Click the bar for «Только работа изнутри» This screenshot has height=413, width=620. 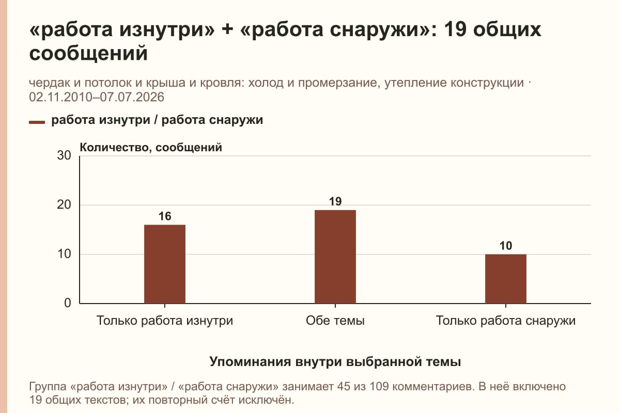click(x=165, y=264)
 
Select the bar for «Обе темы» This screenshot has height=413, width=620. click(x=335, y=257)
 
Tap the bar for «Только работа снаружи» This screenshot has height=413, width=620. click(x=506, y=279)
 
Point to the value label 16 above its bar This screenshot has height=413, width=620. click(x=165, y=216)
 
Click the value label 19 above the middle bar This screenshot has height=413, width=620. click(x=335, y=201)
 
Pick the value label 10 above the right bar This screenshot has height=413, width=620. click(x=506, y=246)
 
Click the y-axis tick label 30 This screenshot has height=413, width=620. click(x=64, y=155)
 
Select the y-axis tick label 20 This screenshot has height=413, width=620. click(x=64, y=205)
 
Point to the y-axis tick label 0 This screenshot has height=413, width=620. click(x=68, y=303)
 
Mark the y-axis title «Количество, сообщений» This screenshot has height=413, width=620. click(x=151, y=148)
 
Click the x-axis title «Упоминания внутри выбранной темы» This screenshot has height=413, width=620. click(x=335, y=361)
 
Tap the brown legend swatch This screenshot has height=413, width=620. click(x=37, y=122)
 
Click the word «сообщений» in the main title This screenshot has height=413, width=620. click(x=88, y=53)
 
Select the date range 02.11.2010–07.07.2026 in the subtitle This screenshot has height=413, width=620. click(x=97, y=97)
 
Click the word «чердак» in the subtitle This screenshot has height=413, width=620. click(x=49, y=83)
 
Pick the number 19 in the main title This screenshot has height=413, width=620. click(x=455, y=29)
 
